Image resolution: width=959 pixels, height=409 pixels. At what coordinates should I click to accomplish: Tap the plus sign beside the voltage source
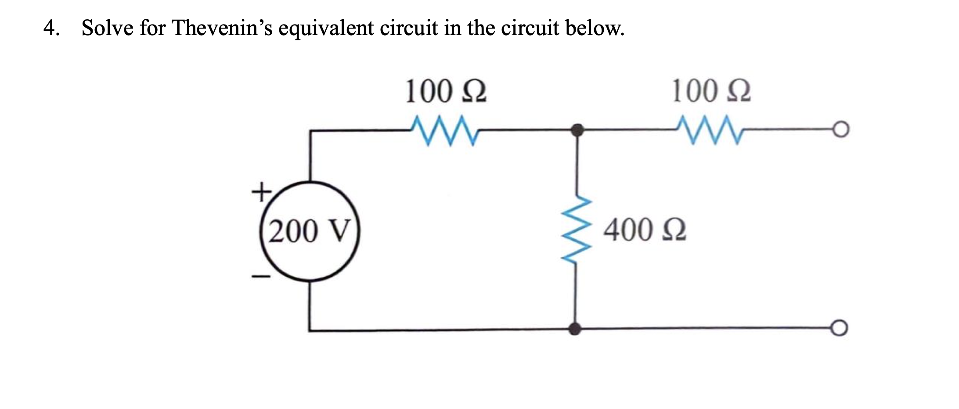(260, 192)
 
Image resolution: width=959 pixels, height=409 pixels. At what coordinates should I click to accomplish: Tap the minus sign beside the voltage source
(260, 276)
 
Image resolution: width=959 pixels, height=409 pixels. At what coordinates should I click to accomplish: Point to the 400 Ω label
(645, 230)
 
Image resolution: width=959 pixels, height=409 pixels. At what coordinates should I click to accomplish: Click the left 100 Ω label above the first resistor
(445, 91)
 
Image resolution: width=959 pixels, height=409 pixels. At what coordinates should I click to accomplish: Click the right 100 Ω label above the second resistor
(711, 91)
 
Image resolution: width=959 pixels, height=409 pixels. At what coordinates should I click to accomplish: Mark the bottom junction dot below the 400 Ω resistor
(575, 328)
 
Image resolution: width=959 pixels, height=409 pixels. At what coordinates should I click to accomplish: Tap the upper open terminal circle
(841, 129)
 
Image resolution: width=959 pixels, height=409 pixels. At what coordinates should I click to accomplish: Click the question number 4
(51, 28)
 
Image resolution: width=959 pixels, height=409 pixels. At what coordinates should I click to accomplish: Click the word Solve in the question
(108, 28)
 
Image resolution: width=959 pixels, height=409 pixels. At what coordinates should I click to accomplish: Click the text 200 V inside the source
(310, 231)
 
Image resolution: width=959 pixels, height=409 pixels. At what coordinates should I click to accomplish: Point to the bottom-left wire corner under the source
(310, 330)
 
